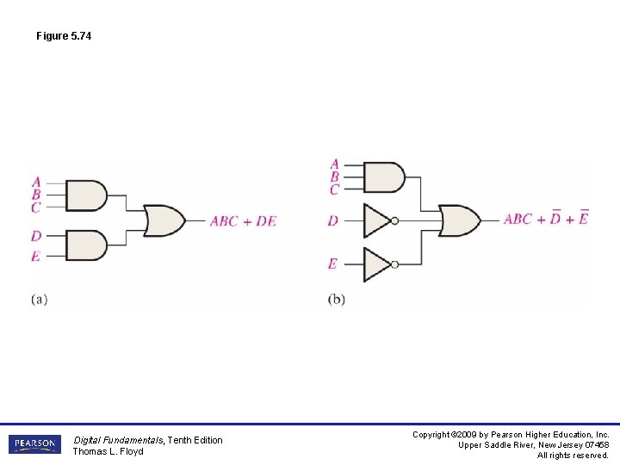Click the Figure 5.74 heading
click(x=64, y=36)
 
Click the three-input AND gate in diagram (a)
click(x=86, y=195)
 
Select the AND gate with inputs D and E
click(x=86, y=245)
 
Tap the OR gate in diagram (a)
click(x=164, y=220)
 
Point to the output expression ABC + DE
click(x=243, y=221)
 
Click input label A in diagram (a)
click(x=36, y=182)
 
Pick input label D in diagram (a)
click(x=36, y=236)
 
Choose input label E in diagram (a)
click(x=36, y=256)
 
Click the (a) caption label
click(x=39, y=299)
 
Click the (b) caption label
click(x=336, y=299)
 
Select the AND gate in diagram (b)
click(x=384, y=177)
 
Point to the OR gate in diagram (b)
click(x=459, y=220)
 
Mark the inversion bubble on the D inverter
click(x=394, y=220)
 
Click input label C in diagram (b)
click(x=334, y=189)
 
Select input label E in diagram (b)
click(x=332, y=263)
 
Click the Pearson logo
click(x=34, y=444)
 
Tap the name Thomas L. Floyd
click(x=108, y=451)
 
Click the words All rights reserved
click(x=573, y=456)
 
